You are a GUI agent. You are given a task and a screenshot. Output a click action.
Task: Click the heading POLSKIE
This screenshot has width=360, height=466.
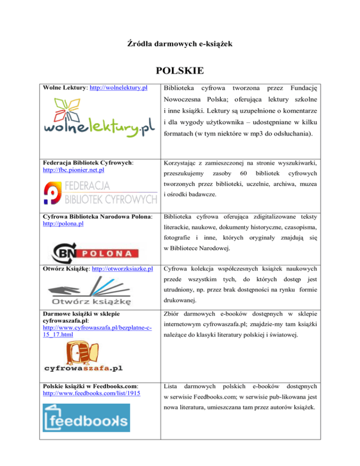(x=180, y=71)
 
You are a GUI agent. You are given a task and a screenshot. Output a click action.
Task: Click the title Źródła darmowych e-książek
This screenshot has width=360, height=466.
(x=180, y=44)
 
